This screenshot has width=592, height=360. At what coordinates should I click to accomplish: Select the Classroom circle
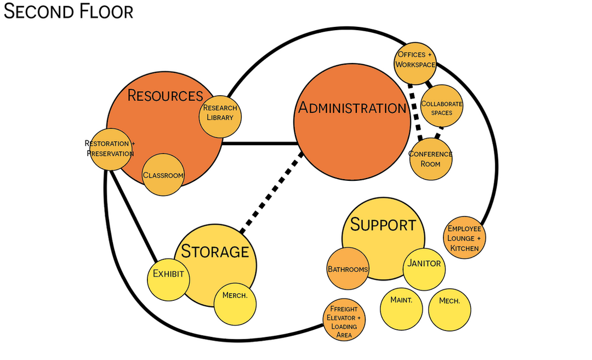point(163,175)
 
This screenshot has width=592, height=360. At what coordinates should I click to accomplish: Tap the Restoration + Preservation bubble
point(110,148)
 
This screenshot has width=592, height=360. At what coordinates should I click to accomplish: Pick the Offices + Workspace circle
point(415,60)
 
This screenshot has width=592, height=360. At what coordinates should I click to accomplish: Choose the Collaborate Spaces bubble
point(442,107)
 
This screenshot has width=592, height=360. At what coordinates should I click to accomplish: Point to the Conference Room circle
point(431,158)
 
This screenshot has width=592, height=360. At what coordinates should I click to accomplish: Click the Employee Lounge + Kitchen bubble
point(464,238)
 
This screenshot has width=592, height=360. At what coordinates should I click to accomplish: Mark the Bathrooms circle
point(348,268)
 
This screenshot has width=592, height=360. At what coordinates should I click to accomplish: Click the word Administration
point(352,108)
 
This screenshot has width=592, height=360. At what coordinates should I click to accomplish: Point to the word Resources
point(165,95)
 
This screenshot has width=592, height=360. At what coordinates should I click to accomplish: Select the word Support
point(383,225)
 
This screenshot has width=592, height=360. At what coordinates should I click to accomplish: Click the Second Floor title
point(69,12)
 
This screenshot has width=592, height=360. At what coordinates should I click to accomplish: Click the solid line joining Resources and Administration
point(259,144)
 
